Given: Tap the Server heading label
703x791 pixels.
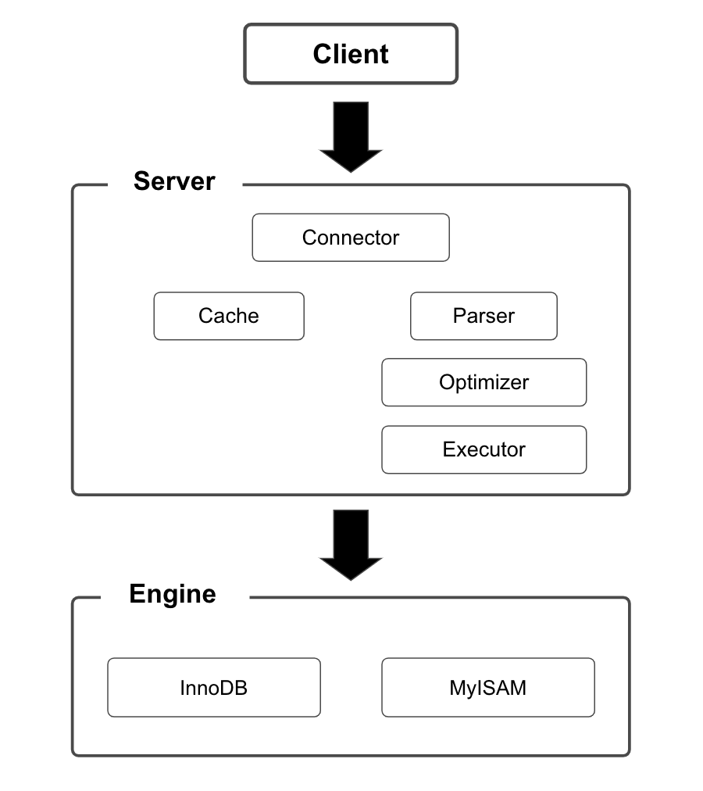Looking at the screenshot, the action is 174,181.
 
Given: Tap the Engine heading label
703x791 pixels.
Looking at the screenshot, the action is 173,594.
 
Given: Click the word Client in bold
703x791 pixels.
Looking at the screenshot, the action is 351,54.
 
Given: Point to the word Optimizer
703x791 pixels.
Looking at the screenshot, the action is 484,382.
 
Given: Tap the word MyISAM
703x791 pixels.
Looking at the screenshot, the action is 487,688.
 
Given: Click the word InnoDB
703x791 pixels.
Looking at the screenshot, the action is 213,688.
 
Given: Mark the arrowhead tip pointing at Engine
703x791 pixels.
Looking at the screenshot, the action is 351,578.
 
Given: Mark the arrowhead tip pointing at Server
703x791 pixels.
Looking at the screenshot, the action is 351,170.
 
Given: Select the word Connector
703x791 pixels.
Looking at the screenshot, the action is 351,238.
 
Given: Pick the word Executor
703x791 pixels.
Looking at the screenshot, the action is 484,449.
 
